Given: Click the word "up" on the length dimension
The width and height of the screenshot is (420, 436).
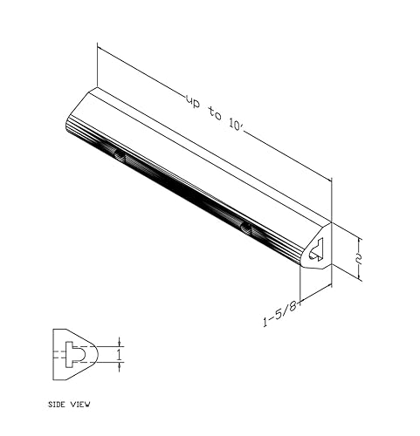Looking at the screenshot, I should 194,100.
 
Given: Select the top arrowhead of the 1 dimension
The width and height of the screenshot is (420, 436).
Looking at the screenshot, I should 120,342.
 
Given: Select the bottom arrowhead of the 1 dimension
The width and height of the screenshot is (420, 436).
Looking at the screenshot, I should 120,366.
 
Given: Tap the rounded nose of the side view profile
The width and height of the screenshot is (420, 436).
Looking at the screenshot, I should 94,354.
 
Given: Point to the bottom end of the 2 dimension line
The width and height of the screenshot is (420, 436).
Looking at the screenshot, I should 360,279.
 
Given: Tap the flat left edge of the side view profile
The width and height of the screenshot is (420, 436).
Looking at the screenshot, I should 54,354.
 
